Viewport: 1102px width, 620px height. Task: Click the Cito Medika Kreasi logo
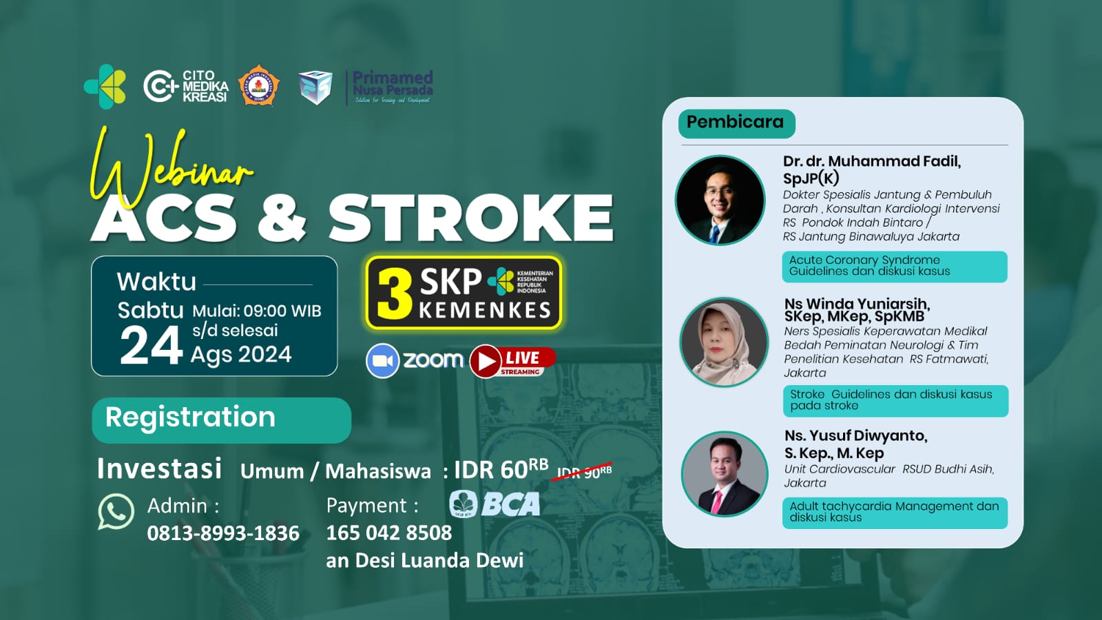(x=185, y=86)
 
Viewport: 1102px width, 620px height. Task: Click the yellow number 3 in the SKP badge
(x=395, y=294)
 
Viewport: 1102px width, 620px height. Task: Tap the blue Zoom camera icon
(x=382, y=360)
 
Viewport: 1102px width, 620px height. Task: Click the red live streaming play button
(x=486, y=361)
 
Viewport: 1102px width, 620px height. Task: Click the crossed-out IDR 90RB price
(x=584, y=471)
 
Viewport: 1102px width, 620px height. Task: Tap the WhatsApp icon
(x=116, y=512)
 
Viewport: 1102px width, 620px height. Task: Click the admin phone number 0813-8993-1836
(x=223, y=533)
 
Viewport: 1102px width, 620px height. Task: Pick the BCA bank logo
(x=495, y=504)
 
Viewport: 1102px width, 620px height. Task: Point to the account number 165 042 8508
(x=389, y=533)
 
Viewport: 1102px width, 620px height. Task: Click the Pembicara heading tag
(x=736, y=123)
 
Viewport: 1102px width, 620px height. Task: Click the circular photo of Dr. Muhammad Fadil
(x=720, y=200)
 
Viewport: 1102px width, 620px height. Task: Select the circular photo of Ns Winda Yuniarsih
(x=724, y=342)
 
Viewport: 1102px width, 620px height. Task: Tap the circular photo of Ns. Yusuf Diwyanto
(x=724, y=475)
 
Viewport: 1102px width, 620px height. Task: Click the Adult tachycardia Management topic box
(x=895, y=513)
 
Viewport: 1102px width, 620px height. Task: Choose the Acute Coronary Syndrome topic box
(x=894, y=266)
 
